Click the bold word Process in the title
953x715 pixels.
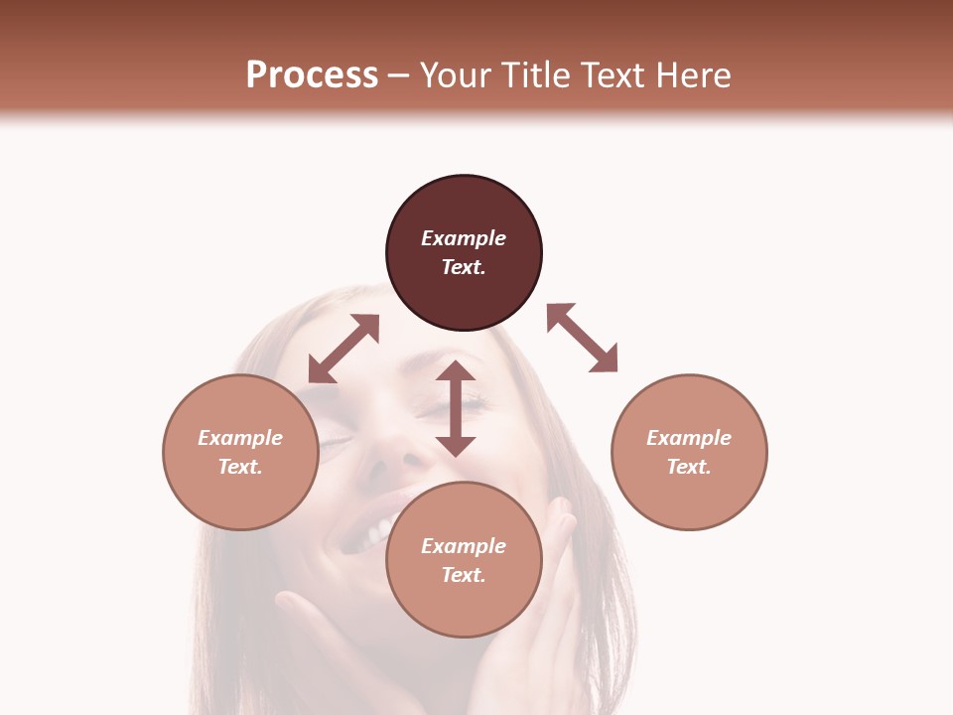click(312, 75)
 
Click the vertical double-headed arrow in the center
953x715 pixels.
click(456, 408)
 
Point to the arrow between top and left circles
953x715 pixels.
click(343, 349)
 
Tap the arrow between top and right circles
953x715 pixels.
click(582, 338)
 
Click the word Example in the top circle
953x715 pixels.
click(464, 238)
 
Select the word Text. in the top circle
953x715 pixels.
click(464, 267)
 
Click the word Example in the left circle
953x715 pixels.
click(240, 438)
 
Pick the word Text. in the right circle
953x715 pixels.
click(689, 467)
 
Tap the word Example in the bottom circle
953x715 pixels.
click(464, 546)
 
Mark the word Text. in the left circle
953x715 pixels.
click(240, 467)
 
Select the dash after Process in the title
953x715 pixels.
click(398, 75)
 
